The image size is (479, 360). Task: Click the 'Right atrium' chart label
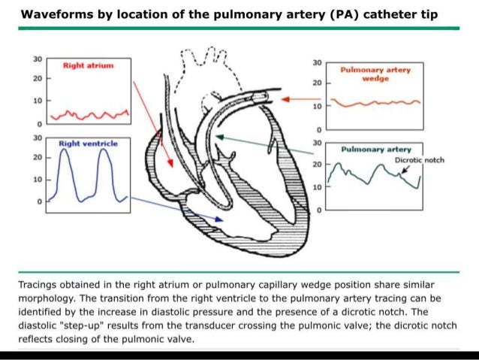click(x=89, y=66)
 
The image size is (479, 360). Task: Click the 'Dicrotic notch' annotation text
click(x=426, y=161)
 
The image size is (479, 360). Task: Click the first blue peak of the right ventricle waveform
click(x=66, y=150)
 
